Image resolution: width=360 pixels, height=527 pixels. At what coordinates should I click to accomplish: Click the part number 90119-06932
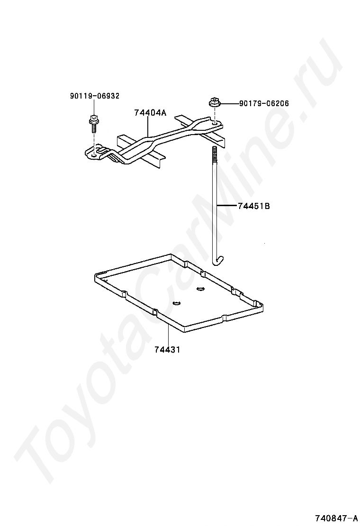coord(95,96)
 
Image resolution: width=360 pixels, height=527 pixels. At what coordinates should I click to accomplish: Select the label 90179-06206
coord(264,103)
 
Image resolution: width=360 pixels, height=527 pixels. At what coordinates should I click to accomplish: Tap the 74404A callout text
coord(150,113)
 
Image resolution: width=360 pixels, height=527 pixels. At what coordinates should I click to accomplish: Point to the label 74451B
coord(254,206)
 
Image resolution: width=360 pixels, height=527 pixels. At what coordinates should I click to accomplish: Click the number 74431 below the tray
coord(167,350)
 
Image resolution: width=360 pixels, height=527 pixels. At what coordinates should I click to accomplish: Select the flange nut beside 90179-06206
coord(213,103)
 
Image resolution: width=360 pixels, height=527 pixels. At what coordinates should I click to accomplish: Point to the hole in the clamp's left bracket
coord(94,152)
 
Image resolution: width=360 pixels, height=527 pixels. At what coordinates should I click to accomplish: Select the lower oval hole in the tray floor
coord(177,303)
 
